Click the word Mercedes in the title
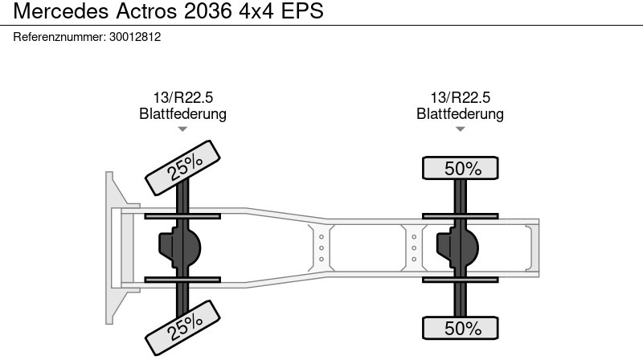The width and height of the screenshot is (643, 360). click(61, 10)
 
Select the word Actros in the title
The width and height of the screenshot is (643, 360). click(147, 10)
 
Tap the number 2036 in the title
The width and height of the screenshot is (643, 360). click(208, 10)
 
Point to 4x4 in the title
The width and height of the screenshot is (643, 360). click(256, 10)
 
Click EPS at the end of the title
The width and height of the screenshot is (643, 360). click(302, 10)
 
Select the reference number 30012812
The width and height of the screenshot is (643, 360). click(135, 37)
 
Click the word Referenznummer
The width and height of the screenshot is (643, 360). click(59, 37)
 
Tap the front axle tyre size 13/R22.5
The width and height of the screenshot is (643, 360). click(183, 97)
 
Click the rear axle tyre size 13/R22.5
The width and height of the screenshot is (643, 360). click(460, 97)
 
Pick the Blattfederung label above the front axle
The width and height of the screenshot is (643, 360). click(183, 113)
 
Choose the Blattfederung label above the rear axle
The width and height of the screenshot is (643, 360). click(460, 113)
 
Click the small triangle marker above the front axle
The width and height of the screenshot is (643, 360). click(182, 129)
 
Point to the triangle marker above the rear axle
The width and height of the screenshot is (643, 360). click(460, 129)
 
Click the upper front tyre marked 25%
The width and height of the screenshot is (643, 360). click(182, 168)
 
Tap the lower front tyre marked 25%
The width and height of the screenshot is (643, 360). click(182, 328)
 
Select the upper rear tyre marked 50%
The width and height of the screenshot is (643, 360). click(460, 168)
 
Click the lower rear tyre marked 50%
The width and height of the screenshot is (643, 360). click(460, 328)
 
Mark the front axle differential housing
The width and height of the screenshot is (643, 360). click(179, 247)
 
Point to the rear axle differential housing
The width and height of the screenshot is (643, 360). click(457, 247)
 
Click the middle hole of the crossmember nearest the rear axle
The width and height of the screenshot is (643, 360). click(414, 248)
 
